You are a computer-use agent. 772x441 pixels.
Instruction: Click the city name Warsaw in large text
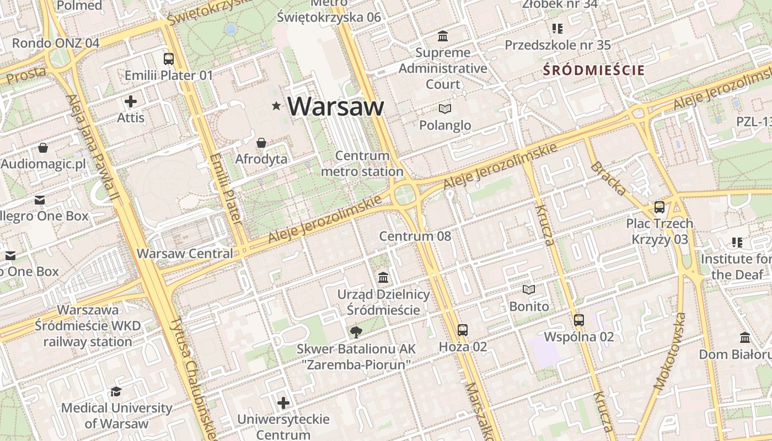click(x=335, y=106)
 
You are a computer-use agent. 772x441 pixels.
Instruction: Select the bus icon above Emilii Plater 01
click(x=169, y=58)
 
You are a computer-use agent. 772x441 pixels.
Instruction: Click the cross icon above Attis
click(x=131, y=101)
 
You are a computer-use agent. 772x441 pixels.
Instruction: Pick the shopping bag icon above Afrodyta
click(x=261, y=143)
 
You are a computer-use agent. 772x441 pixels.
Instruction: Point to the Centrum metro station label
click(x=362, y=164)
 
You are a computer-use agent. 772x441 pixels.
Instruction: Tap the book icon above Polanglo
click(x=445, y=109)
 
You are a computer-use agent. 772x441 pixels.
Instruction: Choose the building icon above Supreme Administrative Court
click(x=442, y=36)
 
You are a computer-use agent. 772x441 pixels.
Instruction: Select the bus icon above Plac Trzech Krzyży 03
click(x=660, y=207)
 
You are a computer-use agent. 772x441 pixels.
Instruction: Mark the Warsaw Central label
click(x=185, y=254)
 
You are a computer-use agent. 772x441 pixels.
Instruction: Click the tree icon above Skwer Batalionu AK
click(x=356, y=332)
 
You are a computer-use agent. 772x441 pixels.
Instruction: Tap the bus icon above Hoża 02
click(x=463, y=330)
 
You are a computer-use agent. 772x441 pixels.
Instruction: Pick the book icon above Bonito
click(x=529, y=290)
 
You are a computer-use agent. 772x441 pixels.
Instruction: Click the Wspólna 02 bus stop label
click(x=579, y=337)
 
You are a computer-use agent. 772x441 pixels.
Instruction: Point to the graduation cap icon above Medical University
click(x=116, y=391)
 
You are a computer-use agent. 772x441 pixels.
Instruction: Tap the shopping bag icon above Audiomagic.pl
click(x=43, y=148)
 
